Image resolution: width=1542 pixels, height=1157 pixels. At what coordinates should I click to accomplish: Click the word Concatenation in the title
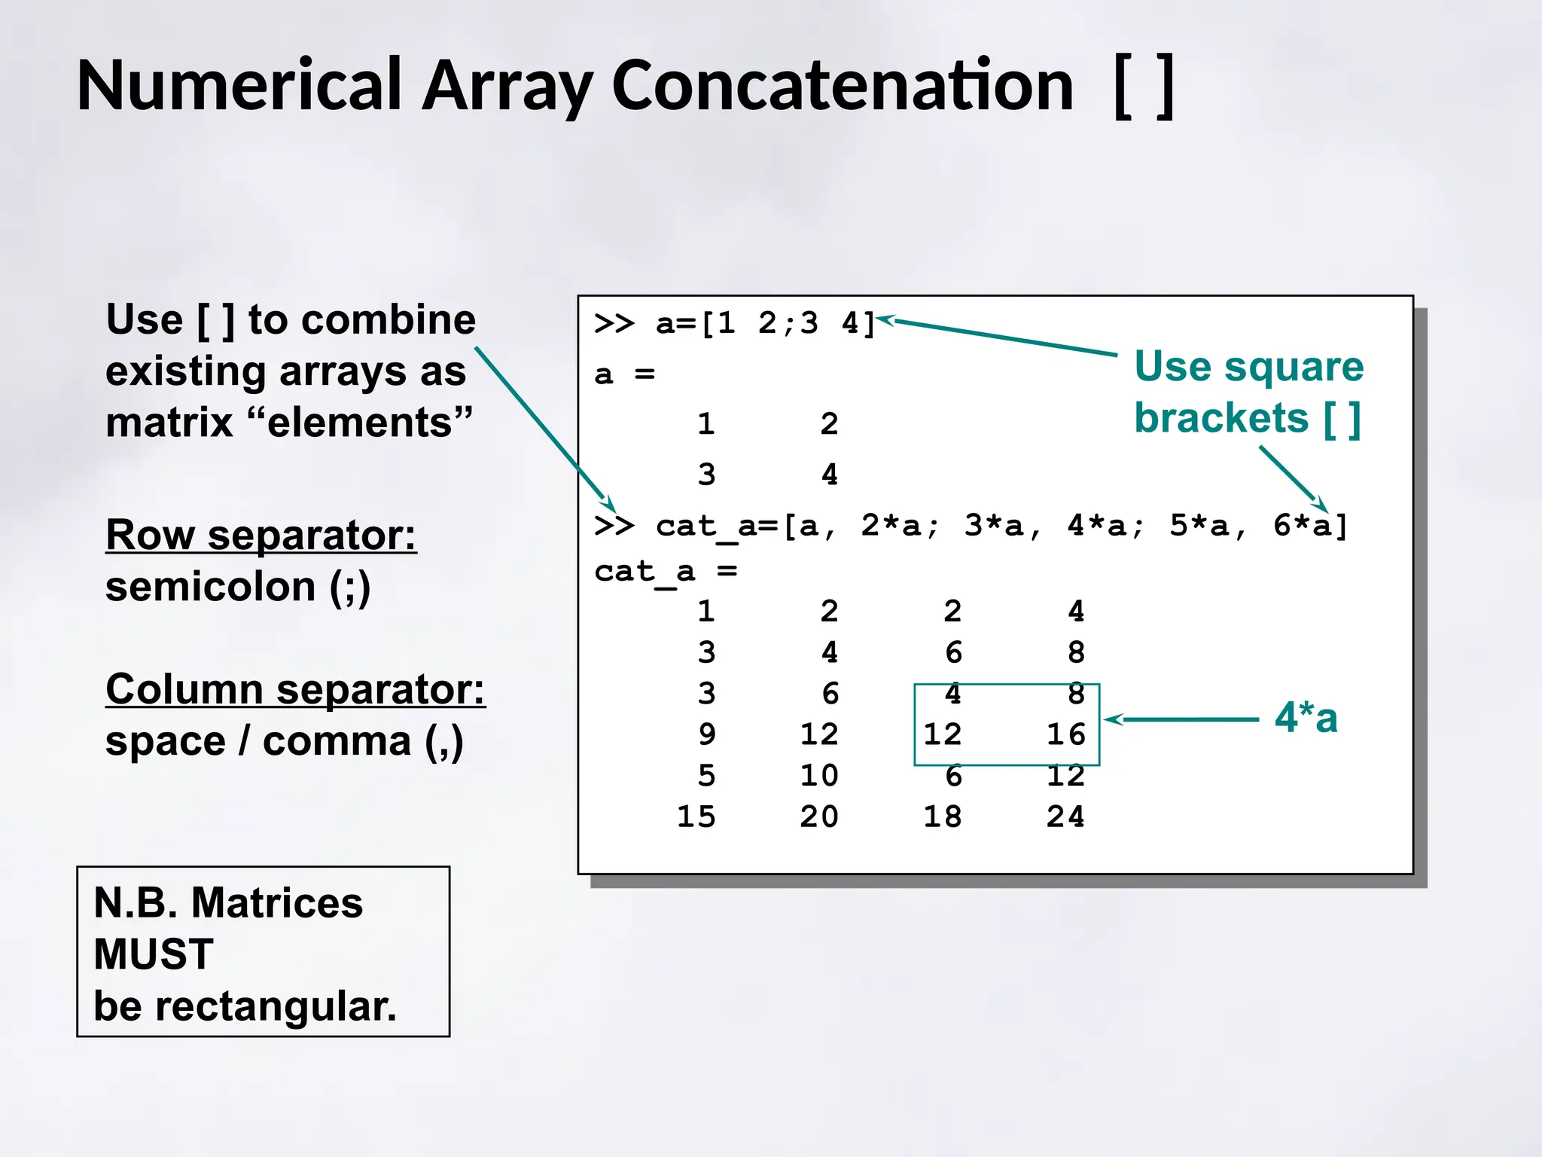click(843, 86)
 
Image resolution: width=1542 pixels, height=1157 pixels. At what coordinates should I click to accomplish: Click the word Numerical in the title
click(239, 86)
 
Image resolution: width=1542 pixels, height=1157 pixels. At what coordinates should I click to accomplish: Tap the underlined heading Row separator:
click(261, 535)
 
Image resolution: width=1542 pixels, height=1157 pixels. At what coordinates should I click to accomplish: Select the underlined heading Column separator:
click(295, 689)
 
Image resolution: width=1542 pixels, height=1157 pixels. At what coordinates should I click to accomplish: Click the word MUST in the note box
click(154, 954)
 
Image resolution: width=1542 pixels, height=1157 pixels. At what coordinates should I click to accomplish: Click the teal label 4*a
click(1306, 717)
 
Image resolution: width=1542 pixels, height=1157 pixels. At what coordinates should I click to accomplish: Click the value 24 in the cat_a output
click(1065, 817)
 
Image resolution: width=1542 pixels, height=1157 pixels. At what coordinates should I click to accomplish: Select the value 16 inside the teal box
click(1065, 734)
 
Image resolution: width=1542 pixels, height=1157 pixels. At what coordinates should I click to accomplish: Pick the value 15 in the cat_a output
click(696, 817)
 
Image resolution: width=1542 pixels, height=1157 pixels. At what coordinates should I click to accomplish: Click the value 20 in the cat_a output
click(819, 817)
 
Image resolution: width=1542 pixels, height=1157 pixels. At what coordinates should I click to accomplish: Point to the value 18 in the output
click(943, 817)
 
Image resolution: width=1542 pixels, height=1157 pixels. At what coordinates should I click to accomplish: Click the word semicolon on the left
click(210, 587)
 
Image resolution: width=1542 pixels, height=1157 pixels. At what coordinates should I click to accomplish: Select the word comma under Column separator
click(337, 742)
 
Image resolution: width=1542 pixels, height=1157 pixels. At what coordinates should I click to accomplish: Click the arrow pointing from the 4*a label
click(1182, 720)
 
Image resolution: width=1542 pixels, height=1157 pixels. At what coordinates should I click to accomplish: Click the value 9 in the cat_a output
click(706, 734)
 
